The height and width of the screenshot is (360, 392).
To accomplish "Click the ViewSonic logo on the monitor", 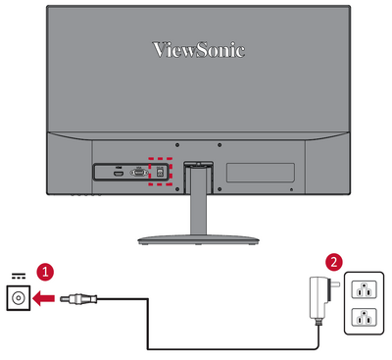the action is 199,50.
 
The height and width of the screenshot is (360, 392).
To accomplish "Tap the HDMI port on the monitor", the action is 119,173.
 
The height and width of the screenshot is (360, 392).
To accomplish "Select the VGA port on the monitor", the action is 139,173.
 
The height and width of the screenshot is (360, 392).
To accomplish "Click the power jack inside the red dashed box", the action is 160,173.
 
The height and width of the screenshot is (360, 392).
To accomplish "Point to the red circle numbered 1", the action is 45,272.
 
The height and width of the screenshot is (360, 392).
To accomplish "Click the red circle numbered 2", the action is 333,262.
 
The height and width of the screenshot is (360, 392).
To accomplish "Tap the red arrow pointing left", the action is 44,298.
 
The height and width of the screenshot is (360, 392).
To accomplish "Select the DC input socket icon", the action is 19,298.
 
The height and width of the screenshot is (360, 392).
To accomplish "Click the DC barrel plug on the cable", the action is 78,298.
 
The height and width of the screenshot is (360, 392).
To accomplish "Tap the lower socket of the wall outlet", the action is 364,317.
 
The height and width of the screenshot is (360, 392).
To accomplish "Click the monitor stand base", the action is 198,240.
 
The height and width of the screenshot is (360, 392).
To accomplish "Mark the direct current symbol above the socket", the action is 19,277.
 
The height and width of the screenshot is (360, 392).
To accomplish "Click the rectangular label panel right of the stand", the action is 261,173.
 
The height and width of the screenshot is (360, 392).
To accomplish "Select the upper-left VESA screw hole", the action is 177,145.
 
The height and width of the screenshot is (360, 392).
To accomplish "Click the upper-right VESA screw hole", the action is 220,145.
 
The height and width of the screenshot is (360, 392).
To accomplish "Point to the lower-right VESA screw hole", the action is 220,189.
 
